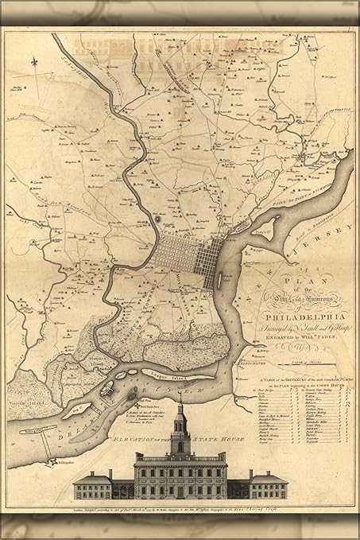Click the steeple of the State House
pyautogui.click(x=180, y=422)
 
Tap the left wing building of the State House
pyautogui.click(x=92, y=484)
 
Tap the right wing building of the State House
pyautogui.click(x=268, y=484)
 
